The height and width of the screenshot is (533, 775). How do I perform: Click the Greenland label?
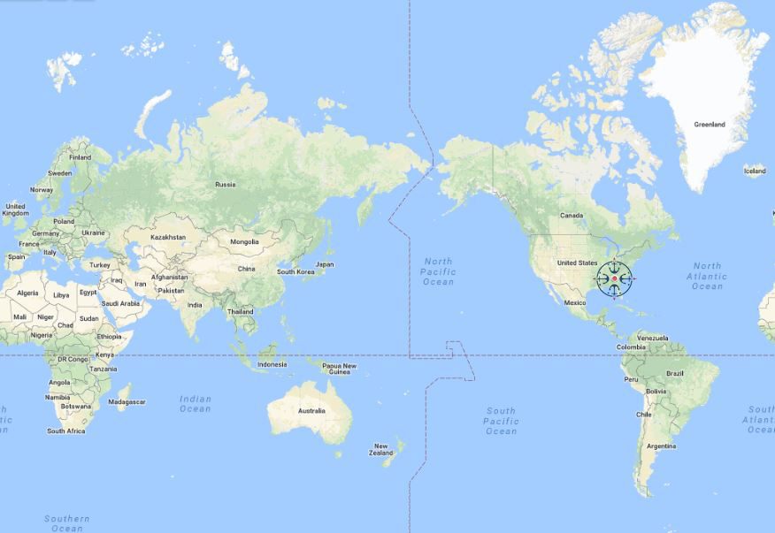click(710, 125)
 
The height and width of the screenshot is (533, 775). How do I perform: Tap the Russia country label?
click(226, 185)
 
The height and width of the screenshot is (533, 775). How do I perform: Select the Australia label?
click(311, 410)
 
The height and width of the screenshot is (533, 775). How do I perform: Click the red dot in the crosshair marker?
click(614, 279)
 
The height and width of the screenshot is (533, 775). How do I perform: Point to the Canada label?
click(572, 216)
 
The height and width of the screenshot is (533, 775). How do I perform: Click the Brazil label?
click(675, 373)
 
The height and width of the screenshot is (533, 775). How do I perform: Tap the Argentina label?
click(661, 446)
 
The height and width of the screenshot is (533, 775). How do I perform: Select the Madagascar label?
click(127, 402)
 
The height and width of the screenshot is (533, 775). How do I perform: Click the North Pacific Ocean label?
click(438, 271)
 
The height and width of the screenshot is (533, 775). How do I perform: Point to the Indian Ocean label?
click(196, 403)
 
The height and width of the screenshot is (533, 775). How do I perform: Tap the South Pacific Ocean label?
click(501, 421)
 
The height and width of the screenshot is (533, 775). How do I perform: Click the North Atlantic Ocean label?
click(707, 276)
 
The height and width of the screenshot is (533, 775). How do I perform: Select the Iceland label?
click(755, 171)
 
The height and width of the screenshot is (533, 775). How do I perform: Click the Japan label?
click(325, 264)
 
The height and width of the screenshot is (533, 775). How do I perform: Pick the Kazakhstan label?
click(168, 237)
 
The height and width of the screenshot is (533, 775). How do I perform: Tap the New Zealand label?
click(381, 450)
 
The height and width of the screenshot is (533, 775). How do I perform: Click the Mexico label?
click(575, 302)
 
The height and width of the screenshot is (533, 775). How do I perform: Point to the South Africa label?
click(66, 431)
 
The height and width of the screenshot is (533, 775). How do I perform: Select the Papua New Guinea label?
click(339, 369)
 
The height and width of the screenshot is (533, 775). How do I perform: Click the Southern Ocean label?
click(67, 523)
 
